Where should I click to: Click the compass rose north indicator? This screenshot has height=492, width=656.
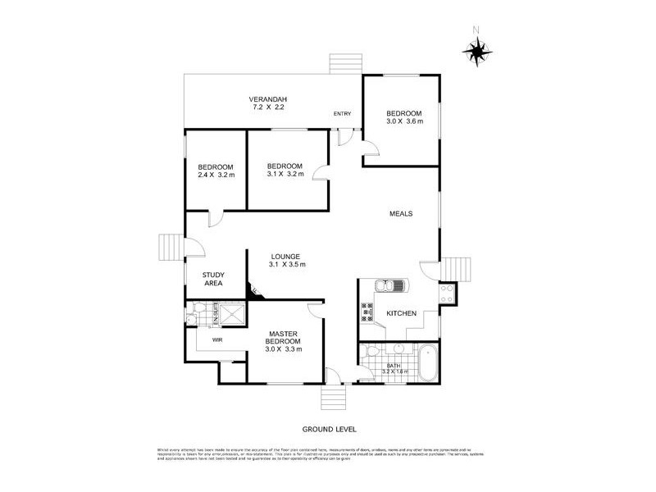476,51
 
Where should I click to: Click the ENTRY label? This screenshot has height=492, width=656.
341,114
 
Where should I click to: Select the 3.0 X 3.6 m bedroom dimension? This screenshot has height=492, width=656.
404,121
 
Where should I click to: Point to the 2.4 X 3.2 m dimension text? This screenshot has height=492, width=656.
216,174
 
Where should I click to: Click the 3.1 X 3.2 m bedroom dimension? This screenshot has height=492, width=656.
285,173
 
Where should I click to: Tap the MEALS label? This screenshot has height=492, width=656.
400,213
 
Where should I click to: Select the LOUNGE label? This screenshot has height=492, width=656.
287,256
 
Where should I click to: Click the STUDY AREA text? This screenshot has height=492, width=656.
215,279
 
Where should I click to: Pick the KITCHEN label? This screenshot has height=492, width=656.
402,313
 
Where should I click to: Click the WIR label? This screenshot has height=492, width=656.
218,339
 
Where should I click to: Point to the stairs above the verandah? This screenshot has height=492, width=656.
339,65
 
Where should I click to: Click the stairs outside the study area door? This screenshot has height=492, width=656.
170,246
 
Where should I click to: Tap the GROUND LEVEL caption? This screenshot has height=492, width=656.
328,429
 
